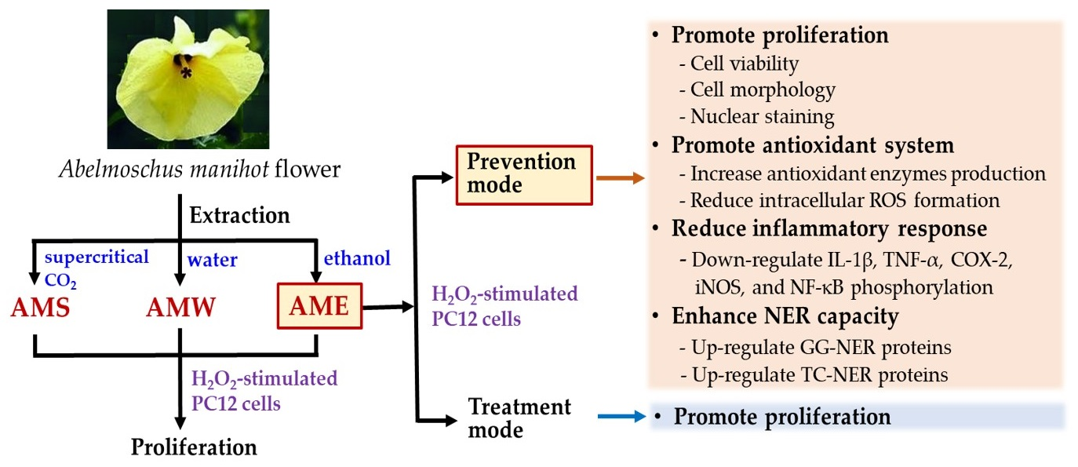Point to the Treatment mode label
519,418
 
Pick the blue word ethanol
356,257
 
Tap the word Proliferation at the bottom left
194,447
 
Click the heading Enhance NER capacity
785,317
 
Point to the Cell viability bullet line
744,64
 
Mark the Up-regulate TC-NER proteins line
819,374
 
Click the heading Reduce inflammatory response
829,229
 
